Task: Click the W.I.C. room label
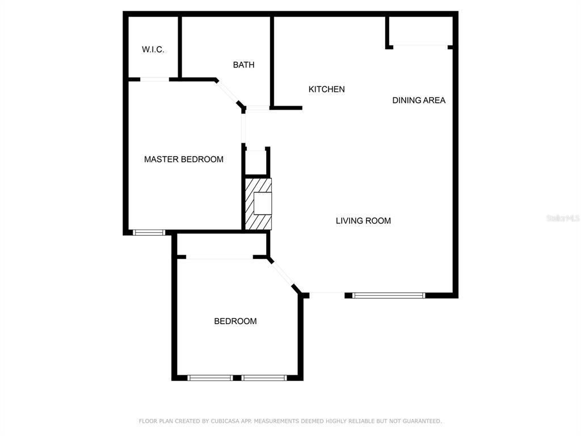[x=153, y=49]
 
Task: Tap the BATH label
[x=244, y=65]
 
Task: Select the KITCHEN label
[x=327, y=89]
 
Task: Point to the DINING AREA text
[x=419, y=100]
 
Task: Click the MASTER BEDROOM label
[x=184, y=160]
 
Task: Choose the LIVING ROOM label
[x=363, y=221]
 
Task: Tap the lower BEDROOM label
[x=235, y=321]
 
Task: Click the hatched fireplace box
[x=258, y=204]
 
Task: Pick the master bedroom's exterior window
[x=149, y=232]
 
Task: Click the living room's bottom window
[x=388, y=295]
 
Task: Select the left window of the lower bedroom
[x=210, y=378]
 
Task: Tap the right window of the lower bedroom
[x=264, y=378]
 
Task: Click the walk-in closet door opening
[x=154, y=79]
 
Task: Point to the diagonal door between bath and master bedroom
[x=228, y=93]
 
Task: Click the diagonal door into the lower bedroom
[x=283, y=274]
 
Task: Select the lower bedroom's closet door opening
[x=220, y=257]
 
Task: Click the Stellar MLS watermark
[x=563, y=218]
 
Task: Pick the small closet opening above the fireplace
[x=256, y=150]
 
